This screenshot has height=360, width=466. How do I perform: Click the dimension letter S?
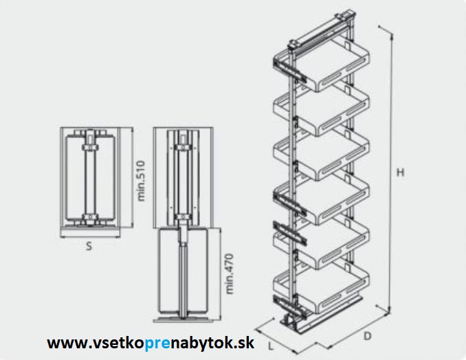tap(89, 246)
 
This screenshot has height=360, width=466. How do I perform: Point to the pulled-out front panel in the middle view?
tap(184, 273)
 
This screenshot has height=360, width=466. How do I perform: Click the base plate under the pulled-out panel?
tap(184, 322)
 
